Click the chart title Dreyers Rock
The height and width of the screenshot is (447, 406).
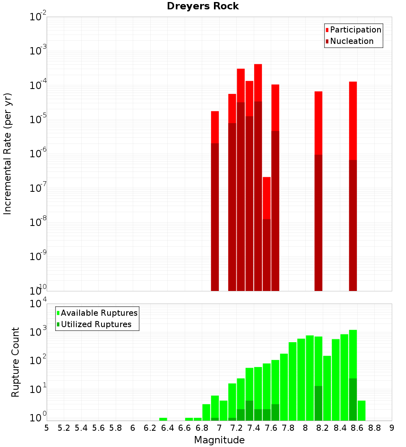203,7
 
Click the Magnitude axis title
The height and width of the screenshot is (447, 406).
219,440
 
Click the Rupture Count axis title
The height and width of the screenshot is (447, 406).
15,362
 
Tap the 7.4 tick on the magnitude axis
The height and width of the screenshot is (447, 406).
254,428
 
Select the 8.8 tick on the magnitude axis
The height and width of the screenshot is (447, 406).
374,428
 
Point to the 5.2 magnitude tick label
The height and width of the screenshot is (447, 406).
64,428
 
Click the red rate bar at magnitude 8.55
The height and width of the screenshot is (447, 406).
353,122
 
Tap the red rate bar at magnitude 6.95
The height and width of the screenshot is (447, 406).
215,126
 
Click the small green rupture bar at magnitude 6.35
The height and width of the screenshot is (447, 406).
163,419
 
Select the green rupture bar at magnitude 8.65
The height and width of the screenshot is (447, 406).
361,410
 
